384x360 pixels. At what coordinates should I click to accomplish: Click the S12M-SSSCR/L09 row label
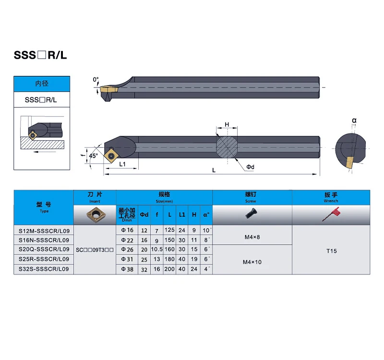(x=44, y=231)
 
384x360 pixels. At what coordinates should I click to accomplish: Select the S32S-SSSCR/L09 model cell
(x=44, y=269)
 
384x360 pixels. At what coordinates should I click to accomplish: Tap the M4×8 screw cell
(x=252, y=237)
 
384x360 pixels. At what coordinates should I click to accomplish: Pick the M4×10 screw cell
(x=252, y=262)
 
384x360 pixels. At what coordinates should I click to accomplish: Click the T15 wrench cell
(x=331, y=251)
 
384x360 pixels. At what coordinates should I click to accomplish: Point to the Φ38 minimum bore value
(x=127, y=269)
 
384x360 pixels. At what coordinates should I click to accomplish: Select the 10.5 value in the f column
(x=157, y=249)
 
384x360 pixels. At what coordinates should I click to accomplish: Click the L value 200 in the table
(x=169, y=269)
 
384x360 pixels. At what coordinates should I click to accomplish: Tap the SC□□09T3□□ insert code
(x=95, y=250)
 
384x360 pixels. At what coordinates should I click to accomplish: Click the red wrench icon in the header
(x=331, y=214)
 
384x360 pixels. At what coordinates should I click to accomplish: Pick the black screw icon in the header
(x=251, y=213)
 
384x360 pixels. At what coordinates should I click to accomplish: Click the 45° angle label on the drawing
(x=93, y=156)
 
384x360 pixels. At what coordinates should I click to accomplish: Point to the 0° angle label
(x=96, y=80)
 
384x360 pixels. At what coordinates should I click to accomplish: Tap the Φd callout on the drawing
(x=250, y=167)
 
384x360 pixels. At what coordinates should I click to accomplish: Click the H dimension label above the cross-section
(x=227, y=124)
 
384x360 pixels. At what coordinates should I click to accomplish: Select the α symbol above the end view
(x=354, y=120)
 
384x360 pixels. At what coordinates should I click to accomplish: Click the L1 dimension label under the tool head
(x=122, y=164)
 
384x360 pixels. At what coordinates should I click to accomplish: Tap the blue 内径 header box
(x=42, y=84)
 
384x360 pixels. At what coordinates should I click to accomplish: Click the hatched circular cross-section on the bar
(x=227, y=147)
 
